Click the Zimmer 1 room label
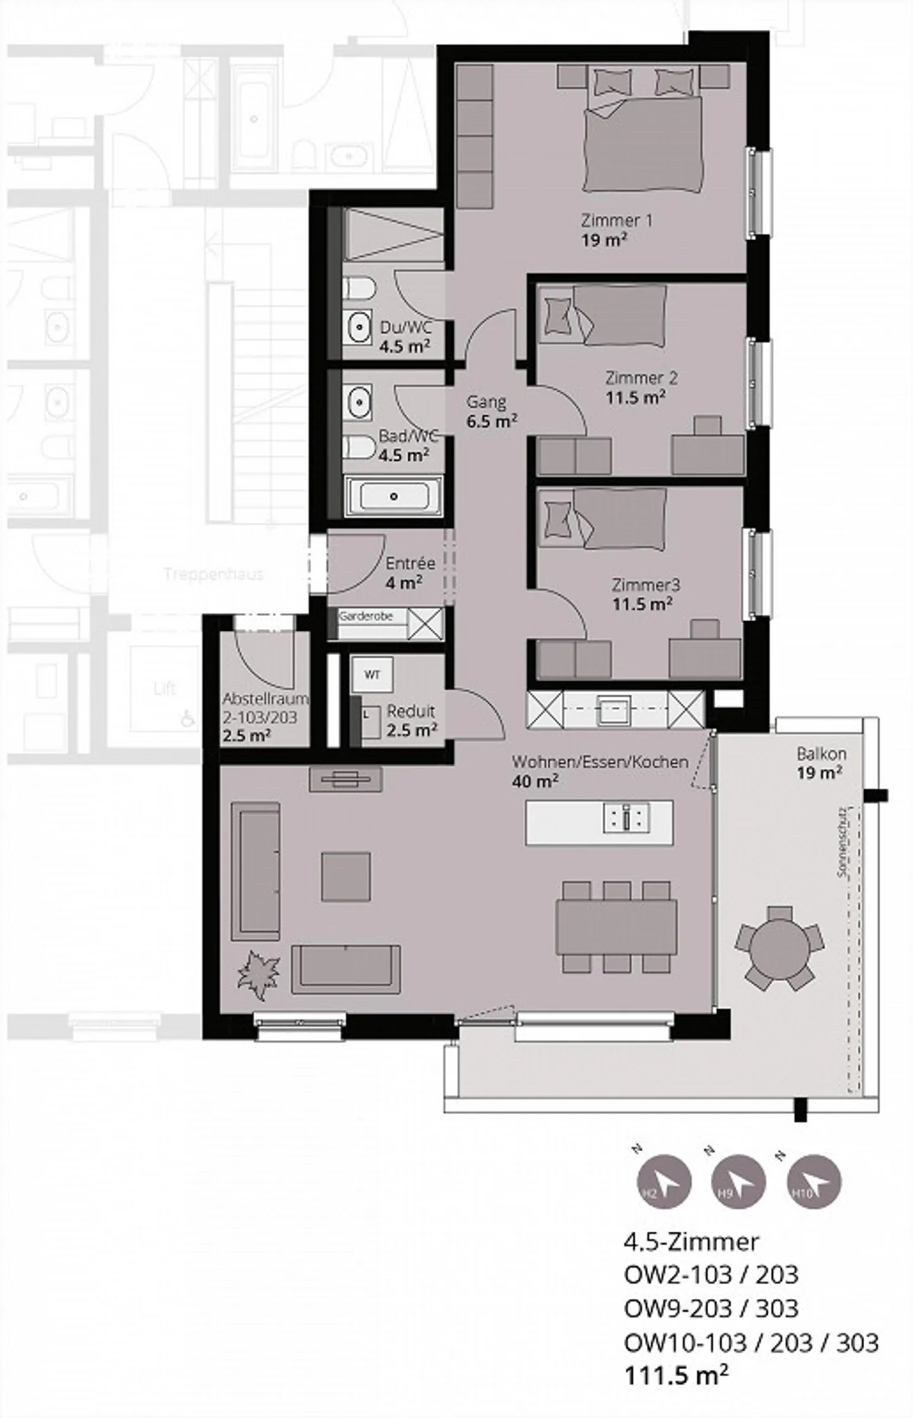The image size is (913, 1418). pyautogui.click(x=616, y=221)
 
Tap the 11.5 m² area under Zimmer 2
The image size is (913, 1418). pyautogui.click(x=635, y=398)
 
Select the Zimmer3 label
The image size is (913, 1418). pyautogui.click(x=642, y=584)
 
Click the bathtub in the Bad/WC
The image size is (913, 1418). pyautogui.click(x=393, y=496)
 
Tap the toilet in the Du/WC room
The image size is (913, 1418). pyautogui.click(x=358, y=290)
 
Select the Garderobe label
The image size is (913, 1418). pyautogui.click(x=365, y=616)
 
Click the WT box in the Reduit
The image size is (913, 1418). pyautogui.click(x=372, y=675)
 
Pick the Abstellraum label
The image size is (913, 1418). pyautogui.click(x=264, y=699)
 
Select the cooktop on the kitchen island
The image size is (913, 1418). pyautogui.click(x=626, y=819)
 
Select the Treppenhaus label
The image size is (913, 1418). pyautogui.click(x=213, y=574)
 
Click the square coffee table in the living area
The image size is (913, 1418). pyautogui.click(x=346, y=877)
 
